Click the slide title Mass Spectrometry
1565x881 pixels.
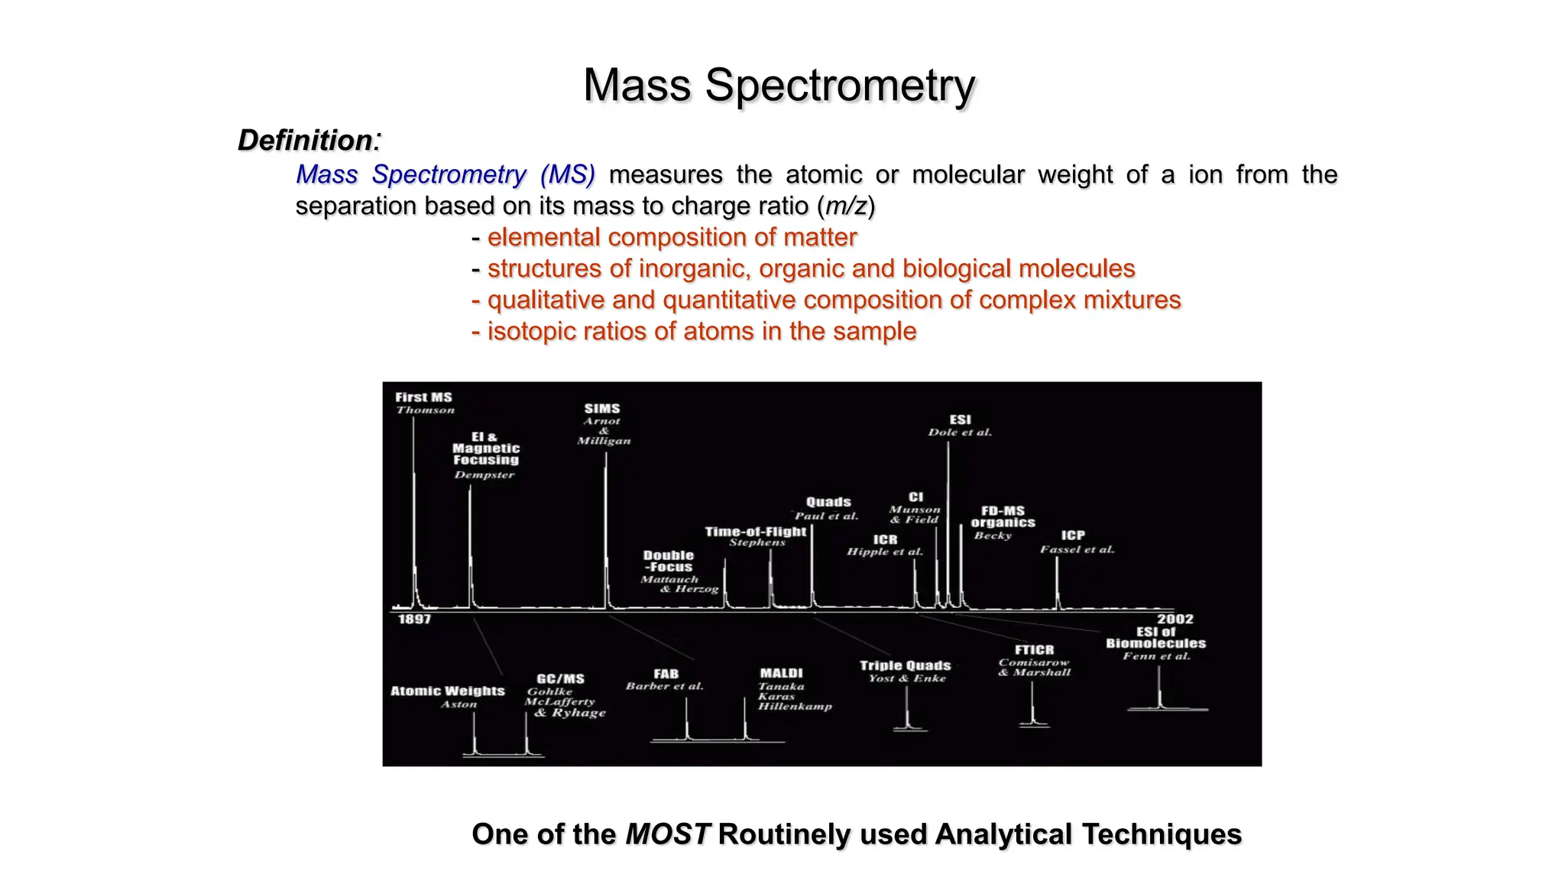[x=779, y=85]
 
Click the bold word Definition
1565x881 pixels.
[x=305, y=140]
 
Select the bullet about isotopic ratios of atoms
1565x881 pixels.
[x=701, y=331]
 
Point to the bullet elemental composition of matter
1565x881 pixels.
[x=671, y=237]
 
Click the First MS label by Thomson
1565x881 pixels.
[x=423, y=397]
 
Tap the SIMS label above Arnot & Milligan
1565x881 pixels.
[x=602, y=408]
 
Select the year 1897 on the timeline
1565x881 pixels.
[x=414, y=619]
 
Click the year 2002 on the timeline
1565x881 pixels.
[x=1175, y=619]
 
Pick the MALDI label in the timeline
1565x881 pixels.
[x=781, y=673]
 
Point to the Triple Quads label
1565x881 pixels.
[x=905, y=665]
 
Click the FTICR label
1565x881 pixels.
[x=1034, y=649]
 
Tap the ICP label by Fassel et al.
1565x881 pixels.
[x=1072, y=535]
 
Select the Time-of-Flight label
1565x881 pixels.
[x=755, y=531]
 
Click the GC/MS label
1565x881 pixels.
[x=560, y=678]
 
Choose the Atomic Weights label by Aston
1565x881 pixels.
[x=448, y=691]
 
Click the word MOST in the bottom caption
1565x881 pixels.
[x=667, y=834]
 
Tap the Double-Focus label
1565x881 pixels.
[x=669, y=561]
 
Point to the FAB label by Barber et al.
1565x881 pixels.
[x=666, y=674]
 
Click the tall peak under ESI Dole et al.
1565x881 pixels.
[x=948, y=520]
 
